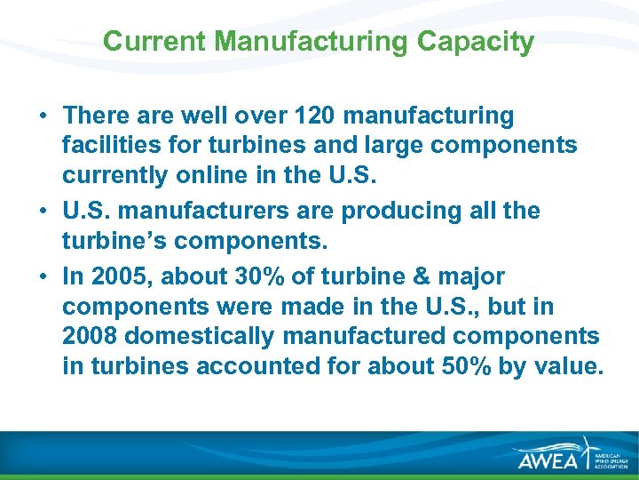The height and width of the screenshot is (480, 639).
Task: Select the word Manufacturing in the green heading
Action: click(x=311, y=42)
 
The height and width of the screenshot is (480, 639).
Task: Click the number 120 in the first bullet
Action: click(x=314, y=116)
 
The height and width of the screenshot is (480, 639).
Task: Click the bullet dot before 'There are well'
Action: click(x=43, y=116)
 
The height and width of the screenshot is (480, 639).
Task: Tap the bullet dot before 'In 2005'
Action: click(x=43, y=277)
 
